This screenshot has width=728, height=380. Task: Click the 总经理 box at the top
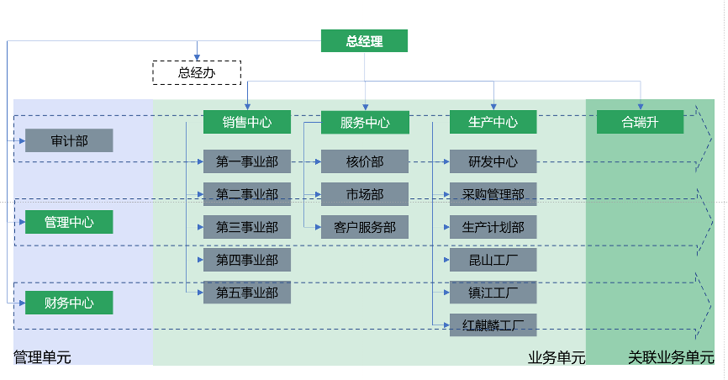click(364, 41)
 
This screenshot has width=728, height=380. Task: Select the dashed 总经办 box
click(197, 73)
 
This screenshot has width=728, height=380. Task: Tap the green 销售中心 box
click(246, 122)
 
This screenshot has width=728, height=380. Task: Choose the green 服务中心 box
click(364, 123)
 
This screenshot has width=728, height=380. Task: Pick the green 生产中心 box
click(493, 122)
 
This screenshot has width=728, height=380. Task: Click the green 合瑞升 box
click(640, 122)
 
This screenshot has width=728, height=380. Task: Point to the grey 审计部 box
click(68, 140)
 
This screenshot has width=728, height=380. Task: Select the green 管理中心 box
click(68, 223)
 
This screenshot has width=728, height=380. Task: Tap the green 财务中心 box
click(68, 303)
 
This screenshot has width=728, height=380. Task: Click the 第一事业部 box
click(246, 161)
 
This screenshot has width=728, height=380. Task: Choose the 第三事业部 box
click(246, 227)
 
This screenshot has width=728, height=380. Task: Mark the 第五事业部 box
click(246, 293)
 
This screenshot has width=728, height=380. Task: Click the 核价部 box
click(364, 161)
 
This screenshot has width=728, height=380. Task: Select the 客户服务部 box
click(364, 227)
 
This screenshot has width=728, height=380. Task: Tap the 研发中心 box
click(493, 161)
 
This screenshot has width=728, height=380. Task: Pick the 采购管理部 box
click(493, 194)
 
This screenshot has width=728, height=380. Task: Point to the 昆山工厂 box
click(493, 260)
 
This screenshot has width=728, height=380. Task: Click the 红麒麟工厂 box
click(493, 325)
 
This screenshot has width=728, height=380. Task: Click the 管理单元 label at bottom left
click(42, 357)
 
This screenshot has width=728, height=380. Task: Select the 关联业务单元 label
click(670, 357)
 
